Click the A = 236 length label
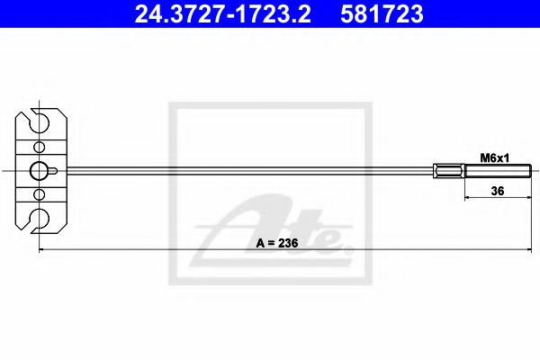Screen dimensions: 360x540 [x=275, y=241]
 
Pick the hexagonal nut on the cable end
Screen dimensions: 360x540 [x=449, y=171]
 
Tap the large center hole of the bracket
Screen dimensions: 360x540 [x=40, y=171]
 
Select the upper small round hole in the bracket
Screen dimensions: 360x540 [x=39, y=147]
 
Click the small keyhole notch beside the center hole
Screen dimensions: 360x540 [x=55, y=171]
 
